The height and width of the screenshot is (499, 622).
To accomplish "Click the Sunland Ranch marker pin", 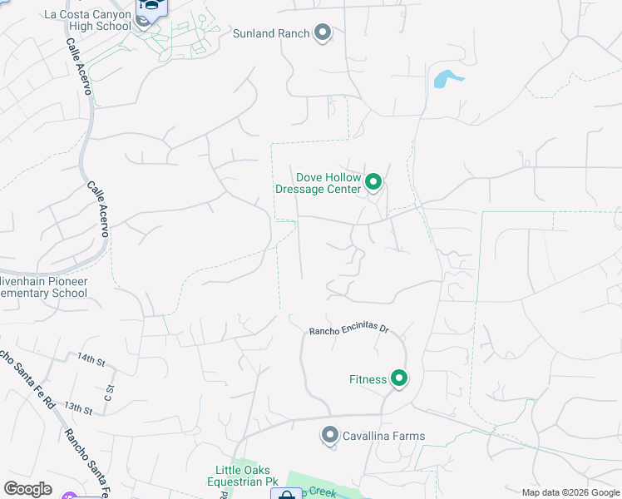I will [x=323, y=33].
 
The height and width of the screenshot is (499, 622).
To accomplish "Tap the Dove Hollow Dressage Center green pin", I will [x=374, y=181].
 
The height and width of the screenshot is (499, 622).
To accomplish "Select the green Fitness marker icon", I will [x=399, y=379].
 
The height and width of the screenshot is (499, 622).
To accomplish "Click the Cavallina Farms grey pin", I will [x=330, y=436].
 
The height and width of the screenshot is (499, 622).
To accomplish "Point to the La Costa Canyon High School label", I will [x=88, y=20].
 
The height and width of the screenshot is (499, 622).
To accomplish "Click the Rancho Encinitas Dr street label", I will [x=349, y=329].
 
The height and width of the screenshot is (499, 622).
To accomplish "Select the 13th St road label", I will [x=77, y=408].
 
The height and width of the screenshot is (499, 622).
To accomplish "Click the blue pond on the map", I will [x=445, y=79].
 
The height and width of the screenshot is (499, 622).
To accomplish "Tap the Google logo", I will [x=27, y=489].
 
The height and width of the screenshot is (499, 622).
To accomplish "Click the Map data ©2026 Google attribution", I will [x=570, y=493].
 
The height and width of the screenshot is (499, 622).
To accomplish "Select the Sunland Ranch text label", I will [x=271, y=33].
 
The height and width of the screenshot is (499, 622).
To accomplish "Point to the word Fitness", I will [x=368, y=379].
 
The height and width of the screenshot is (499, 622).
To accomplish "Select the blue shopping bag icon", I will [x=285, y=494].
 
